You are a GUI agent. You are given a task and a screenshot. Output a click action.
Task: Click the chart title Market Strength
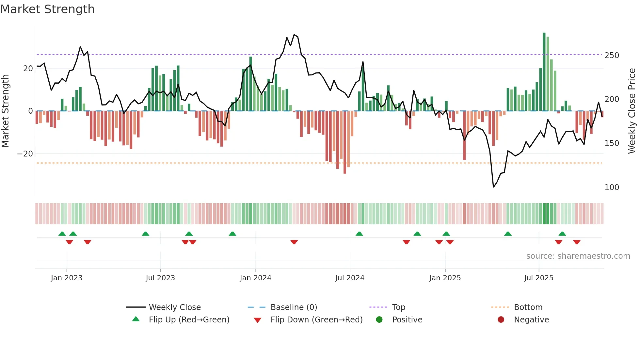click(x=47, y=9)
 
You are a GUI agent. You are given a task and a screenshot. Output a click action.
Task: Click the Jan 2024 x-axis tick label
click(x=255, y=278)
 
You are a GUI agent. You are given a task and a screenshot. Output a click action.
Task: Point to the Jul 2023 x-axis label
click(x=160, y=278)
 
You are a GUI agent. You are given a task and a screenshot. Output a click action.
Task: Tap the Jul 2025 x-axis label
click(x=538, y=278)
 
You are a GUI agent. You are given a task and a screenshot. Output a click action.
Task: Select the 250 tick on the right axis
click(x=612, y=56)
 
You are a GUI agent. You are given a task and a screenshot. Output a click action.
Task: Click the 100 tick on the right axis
click(x=612, y=188)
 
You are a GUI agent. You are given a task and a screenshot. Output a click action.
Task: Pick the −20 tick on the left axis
click(x=25, y=154)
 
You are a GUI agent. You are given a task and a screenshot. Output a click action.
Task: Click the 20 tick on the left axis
click(x=28, y=69)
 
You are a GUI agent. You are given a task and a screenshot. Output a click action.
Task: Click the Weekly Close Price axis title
click(x=632, y=111)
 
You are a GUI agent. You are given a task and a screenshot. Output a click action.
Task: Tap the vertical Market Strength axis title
click(x=6, y=111)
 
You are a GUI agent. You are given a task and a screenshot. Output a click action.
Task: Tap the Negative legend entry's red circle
click(x=501, y=320)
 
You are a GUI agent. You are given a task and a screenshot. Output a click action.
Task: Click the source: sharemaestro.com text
click(x=578, y=256)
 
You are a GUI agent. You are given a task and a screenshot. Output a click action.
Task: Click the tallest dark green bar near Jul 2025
click(x=544, y=72)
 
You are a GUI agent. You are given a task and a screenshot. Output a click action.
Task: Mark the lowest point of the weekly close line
click(x=493, y=187)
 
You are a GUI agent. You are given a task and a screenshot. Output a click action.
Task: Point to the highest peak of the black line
click(x=294, y=34)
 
